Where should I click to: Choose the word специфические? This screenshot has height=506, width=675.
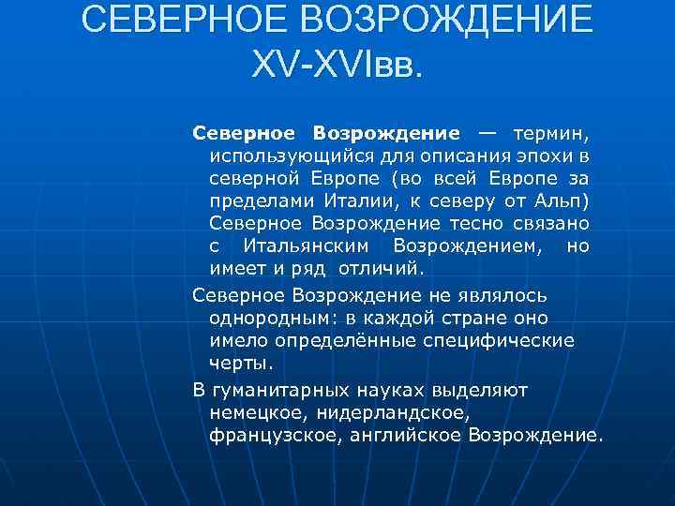(510, 339)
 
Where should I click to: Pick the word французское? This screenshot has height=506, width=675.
(266, 435)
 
